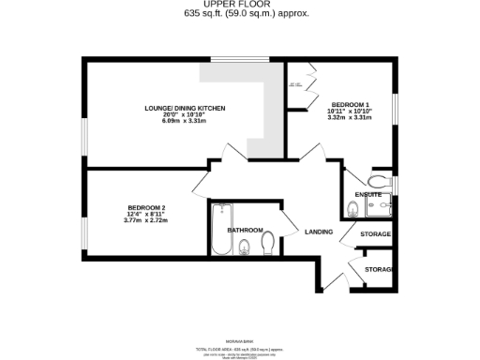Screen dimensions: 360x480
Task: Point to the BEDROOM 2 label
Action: [146, 207]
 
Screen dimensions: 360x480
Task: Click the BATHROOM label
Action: [244, 230]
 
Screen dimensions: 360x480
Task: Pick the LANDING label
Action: [318, 232]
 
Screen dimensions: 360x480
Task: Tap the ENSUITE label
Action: [368, 194]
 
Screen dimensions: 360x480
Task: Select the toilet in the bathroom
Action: [246, 247]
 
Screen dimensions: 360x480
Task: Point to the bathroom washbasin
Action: [268, 242]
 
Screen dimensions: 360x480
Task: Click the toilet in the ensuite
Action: [379, 180]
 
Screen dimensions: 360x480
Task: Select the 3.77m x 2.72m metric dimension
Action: [146, 220]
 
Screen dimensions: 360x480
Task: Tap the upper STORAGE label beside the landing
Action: [376, 233]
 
